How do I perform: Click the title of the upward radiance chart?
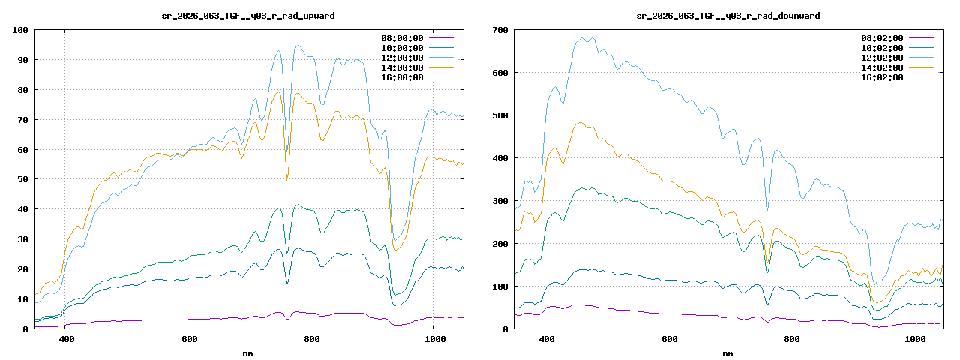(x=248, y=16)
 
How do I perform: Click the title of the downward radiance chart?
(x=728, y=16)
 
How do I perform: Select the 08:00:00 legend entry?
(x=403, y=38)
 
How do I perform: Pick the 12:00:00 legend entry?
(x=403, y=58)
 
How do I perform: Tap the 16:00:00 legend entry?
(x=403, y=77)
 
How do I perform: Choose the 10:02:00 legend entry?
(x=883, y=48)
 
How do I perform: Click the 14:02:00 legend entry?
(x=883, y=67)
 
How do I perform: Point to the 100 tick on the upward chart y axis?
(x=19, y=30)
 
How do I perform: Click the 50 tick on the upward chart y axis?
(x=22, y=179)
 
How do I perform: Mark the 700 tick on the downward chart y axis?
(x=499, y=30)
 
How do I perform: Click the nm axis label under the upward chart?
(x=248, y=352)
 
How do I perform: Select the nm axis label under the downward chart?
(x=728, y=352)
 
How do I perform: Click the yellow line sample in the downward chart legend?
(x=922, y=77)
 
